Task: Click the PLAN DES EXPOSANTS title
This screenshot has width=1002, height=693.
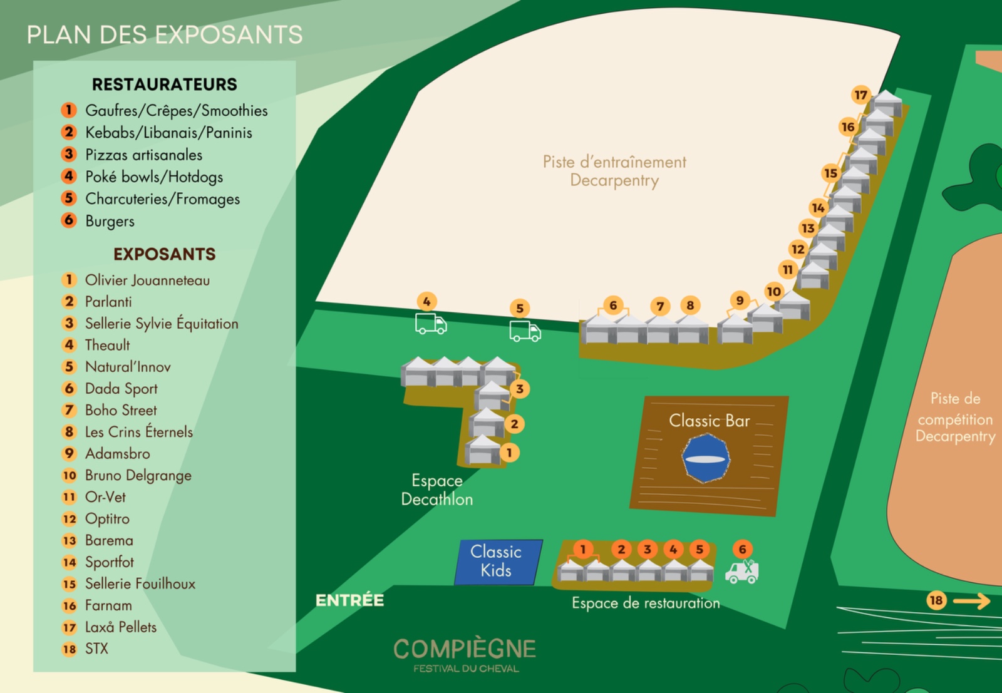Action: [164, 35]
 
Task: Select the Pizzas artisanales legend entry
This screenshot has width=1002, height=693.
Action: [143, 155]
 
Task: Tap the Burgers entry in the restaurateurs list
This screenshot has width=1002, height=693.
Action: [110, 221]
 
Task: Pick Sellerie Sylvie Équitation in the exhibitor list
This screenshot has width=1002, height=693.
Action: [162, 324]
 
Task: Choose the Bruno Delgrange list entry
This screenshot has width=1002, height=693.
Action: [138, 476]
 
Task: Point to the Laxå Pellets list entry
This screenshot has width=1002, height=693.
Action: [120, 627]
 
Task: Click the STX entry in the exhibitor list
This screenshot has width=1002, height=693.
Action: [96, 649]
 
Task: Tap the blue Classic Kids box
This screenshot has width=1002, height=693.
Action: [497, 562]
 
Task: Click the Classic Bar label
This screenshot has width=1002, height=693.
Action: [709, 421]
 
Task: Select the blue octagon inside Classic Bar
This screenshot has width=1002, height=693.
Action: [706, 459]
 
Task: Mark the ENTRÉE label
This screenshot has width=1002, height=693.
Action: [349, 600]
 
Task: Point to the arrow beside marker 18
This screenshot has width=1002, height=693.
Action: [971, 602]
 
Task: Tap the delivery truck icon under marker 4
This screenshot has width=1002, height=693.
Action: [431, 324]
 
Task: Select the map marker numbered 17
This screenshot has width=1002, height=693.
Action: [861, 95]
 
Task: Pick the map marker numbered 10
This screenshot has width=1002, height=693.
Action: [774, 291]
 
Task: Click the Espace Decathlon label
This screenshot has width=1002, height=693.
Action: [437, 490]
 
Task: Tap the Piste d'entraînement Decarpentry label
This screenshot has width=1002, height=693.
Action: [614, 171]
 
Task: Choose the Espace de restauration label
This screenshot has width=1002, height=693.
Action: [646, 603]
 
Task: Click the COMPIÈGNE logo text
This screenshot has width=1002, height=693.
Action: [465, 650]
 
